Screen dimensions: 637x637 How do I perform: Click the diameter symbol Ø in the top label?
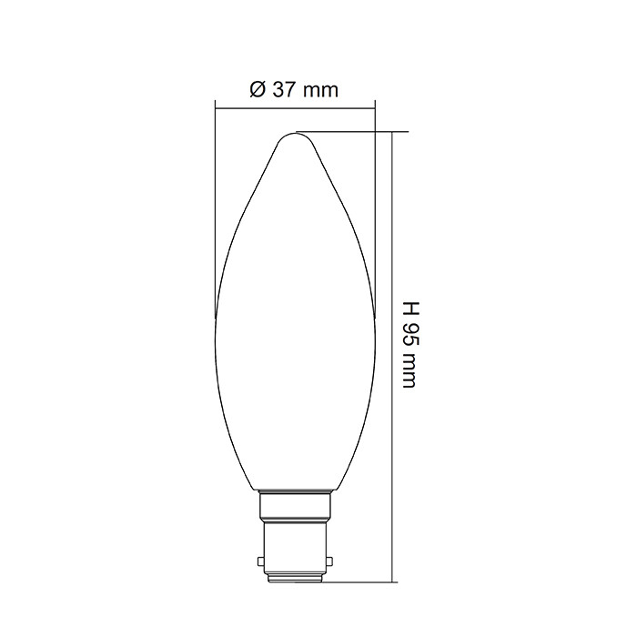pos(258,89)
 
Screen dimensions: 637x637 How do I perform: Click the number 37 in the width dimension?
pos(284,89)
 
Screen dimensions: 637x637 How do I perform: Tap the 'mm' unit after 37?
pos(321,91)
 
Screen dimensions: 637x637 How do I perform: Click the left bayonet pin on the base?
pos(260,561)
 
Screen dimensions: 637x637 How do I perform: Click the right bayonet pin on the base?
pos(329,561)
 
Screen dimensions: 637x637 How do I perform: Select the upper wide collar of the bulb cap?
pos(295,507)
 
